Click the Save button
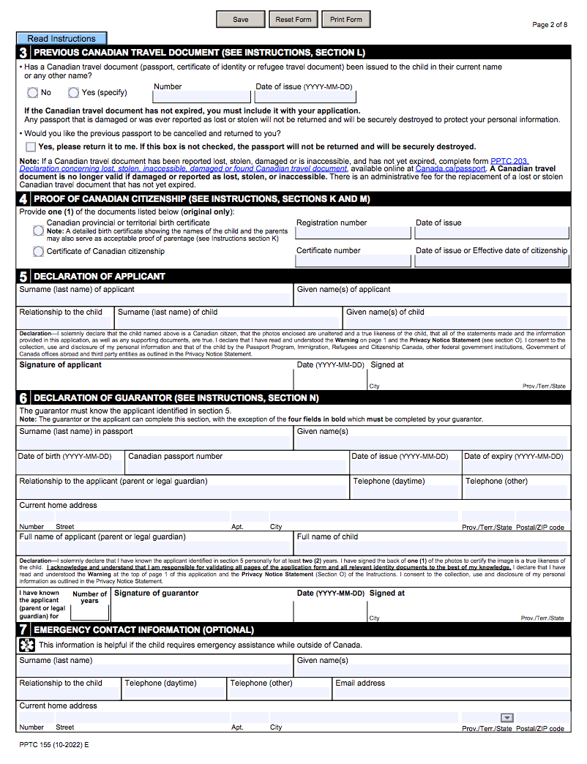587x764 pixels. pos(240,20)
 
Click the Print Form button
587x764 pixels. pos(345,20)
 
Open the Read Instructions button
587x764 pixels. pos(61,39)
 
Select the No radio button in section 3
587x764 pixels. pos(33,93)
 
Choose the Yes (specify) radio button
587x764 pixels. pos(74,93)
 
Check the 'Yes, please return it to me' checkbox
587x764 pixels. pos(31,146)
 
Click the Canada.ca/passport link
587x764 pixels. pos(450,168)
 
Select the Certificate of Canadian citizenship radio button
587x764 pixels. pos(38,252)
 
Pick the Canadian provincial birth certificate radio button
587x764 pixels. pos(38,231)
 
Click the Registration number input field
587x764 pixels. pos(353,233)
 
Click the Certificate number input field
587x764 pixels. pos(353,261)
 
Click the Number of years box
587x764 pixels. pos(90,613)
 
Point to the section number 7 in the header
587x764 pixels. pos(24,630)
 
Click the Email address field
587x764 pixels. pos(451,693)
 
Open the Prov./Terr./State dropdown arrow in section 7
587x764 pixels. pos(506,718)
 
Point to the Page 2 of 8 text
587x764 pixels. pos(550,25)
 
